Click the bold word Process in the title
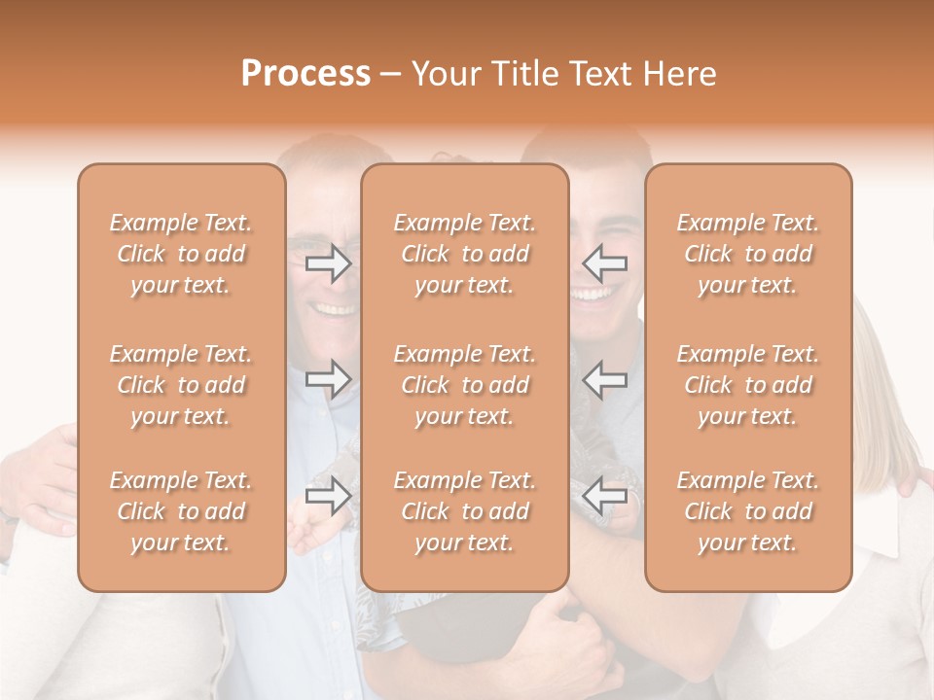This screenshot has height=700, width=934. coord(305,74)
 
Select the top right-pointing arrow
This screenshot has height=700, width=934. coord(329,263)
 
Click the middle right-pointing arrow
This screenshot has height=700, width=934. coord(329,378)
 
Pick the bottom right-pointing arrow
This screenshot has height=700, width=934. coord(329,495)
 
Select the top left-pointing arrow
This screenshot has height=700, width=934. coord(605,262)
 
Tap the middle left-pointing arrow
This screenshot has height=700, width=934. coord(605,378)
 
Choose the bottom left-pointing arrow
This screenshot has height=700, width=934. coord(605,495)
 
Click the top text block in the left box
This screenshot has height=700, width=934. coord(181,254)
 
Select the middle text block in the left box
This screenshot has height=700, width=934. coord(181,385)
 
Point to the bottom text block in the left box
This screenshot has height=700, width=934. coord(181,511)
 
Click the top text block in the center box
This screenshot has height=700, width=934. coord(465,254)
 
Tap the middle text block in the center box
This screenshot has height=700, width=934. coord(465,385)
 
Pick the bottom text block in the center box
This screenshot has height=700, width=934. coord(465,511)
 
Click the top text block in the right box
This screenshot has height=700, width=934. coord(748,254)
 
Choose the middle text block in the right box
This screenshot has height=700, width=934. coord(748,385)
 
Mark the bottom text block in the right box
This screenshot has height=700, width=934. coord(748,511)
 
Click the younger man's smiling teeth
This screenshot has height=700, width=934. coord(592,292)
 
